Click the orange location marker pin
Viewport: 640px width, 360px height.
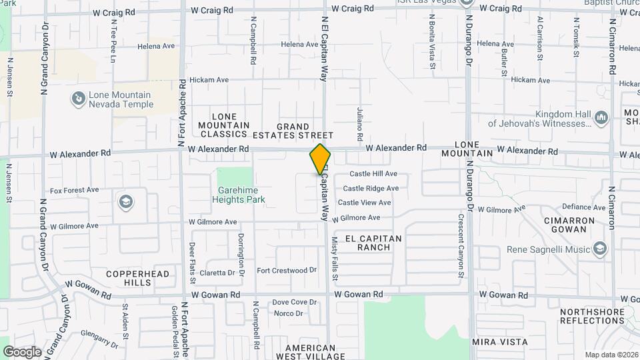point(321,158)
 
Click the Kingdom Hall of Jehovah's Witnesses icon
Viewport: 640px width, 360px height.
point(601,118)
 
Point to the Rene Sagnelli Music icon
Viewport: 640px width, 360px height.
point(599,249)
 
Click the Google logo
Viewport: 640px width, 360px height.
point(22,351)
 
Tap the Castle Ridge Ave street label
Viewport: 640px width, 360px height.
point(371,189)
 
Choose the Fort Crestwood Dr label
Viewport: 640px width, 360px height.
point(286,270)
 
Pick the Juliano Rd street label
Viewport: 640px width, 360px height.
point(360,123)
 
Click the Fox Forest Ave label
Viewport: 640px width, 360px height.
point(74,190)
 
